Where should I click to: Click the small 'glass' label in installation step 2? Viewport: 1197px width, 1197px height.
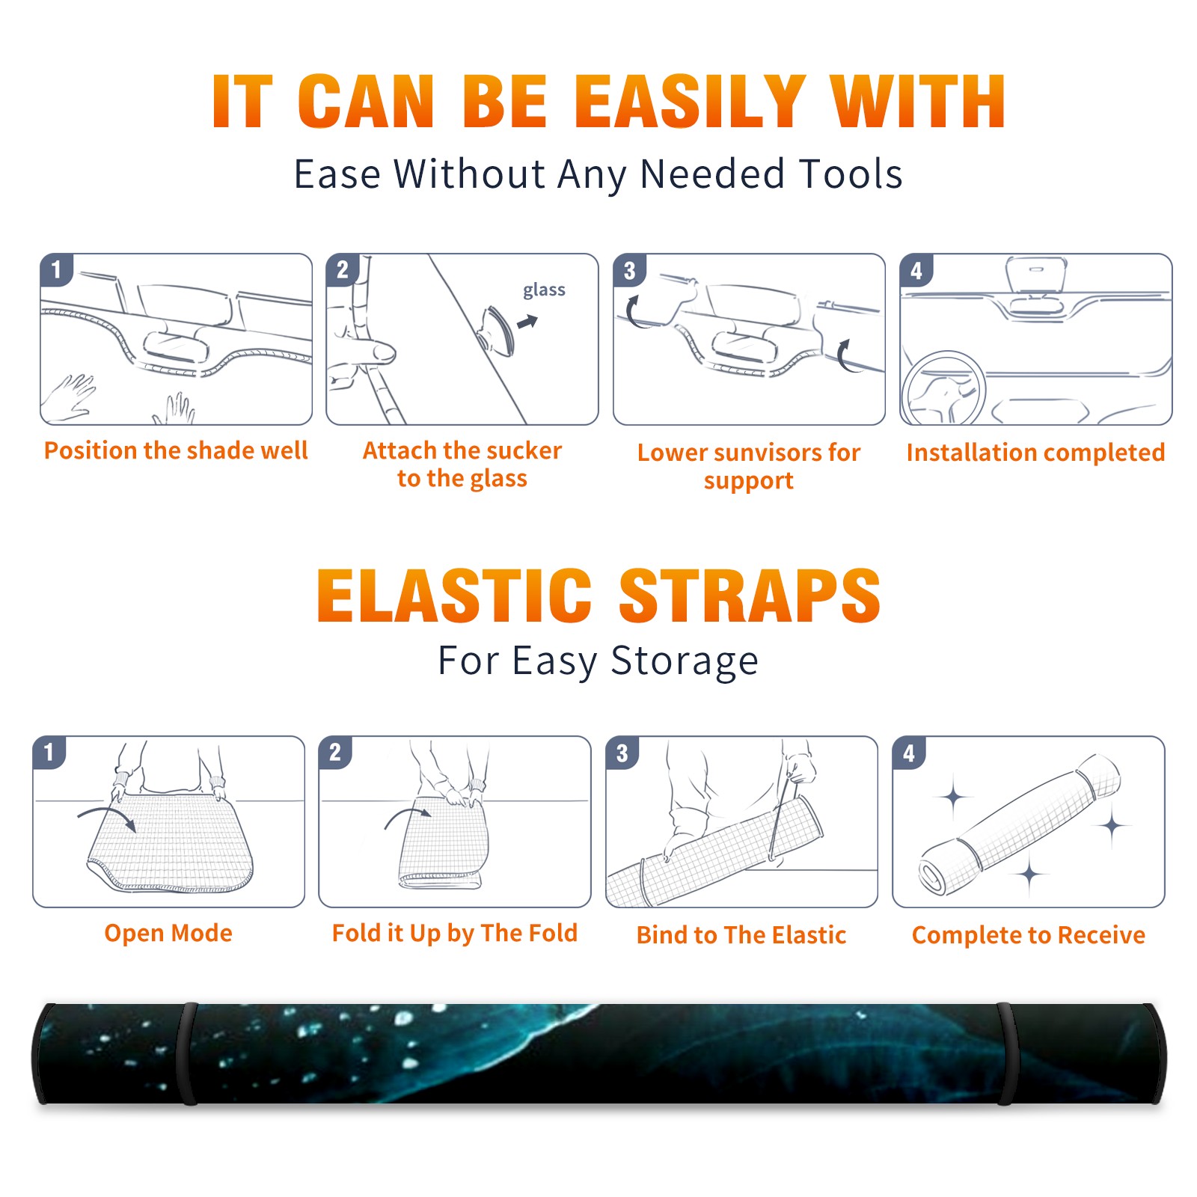point(544,290)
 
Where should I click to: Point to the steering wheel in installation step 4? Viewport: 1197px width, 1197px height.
point(943,388)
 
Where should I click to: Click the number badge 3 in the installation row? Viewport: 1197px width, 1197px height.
point(628,270)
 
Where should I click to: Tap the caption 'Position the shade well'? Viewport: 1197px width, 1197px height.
point(176,450)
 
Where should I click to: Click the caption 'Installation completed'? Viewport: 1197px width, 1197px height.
point(1035,452)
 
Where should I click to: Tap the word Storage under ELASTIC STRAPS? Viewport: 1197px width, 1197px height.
point(685,661)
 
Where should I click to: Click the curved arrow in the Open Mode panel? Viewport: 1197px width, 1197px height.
point(108,814)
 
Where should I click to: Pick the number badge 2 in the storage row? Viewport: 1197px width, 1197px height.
point(334,752)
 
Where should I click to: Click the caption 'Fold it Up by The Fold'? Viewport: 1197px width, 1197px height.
point(455,933)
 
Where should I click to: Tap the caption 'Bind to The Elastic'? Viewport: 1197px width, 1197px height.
point(741,935)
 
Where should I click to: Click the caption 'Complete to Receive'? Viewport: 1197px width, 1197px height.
point(1029,935)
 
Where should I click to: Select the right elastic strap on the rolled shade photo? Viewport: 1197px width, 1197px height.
point(1006,1053)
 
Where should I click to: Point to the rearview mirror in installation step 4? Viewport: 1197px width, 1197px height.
point(1035,276)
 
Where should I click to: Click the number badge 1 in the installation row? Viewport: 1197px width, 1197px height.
point(56,269)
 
